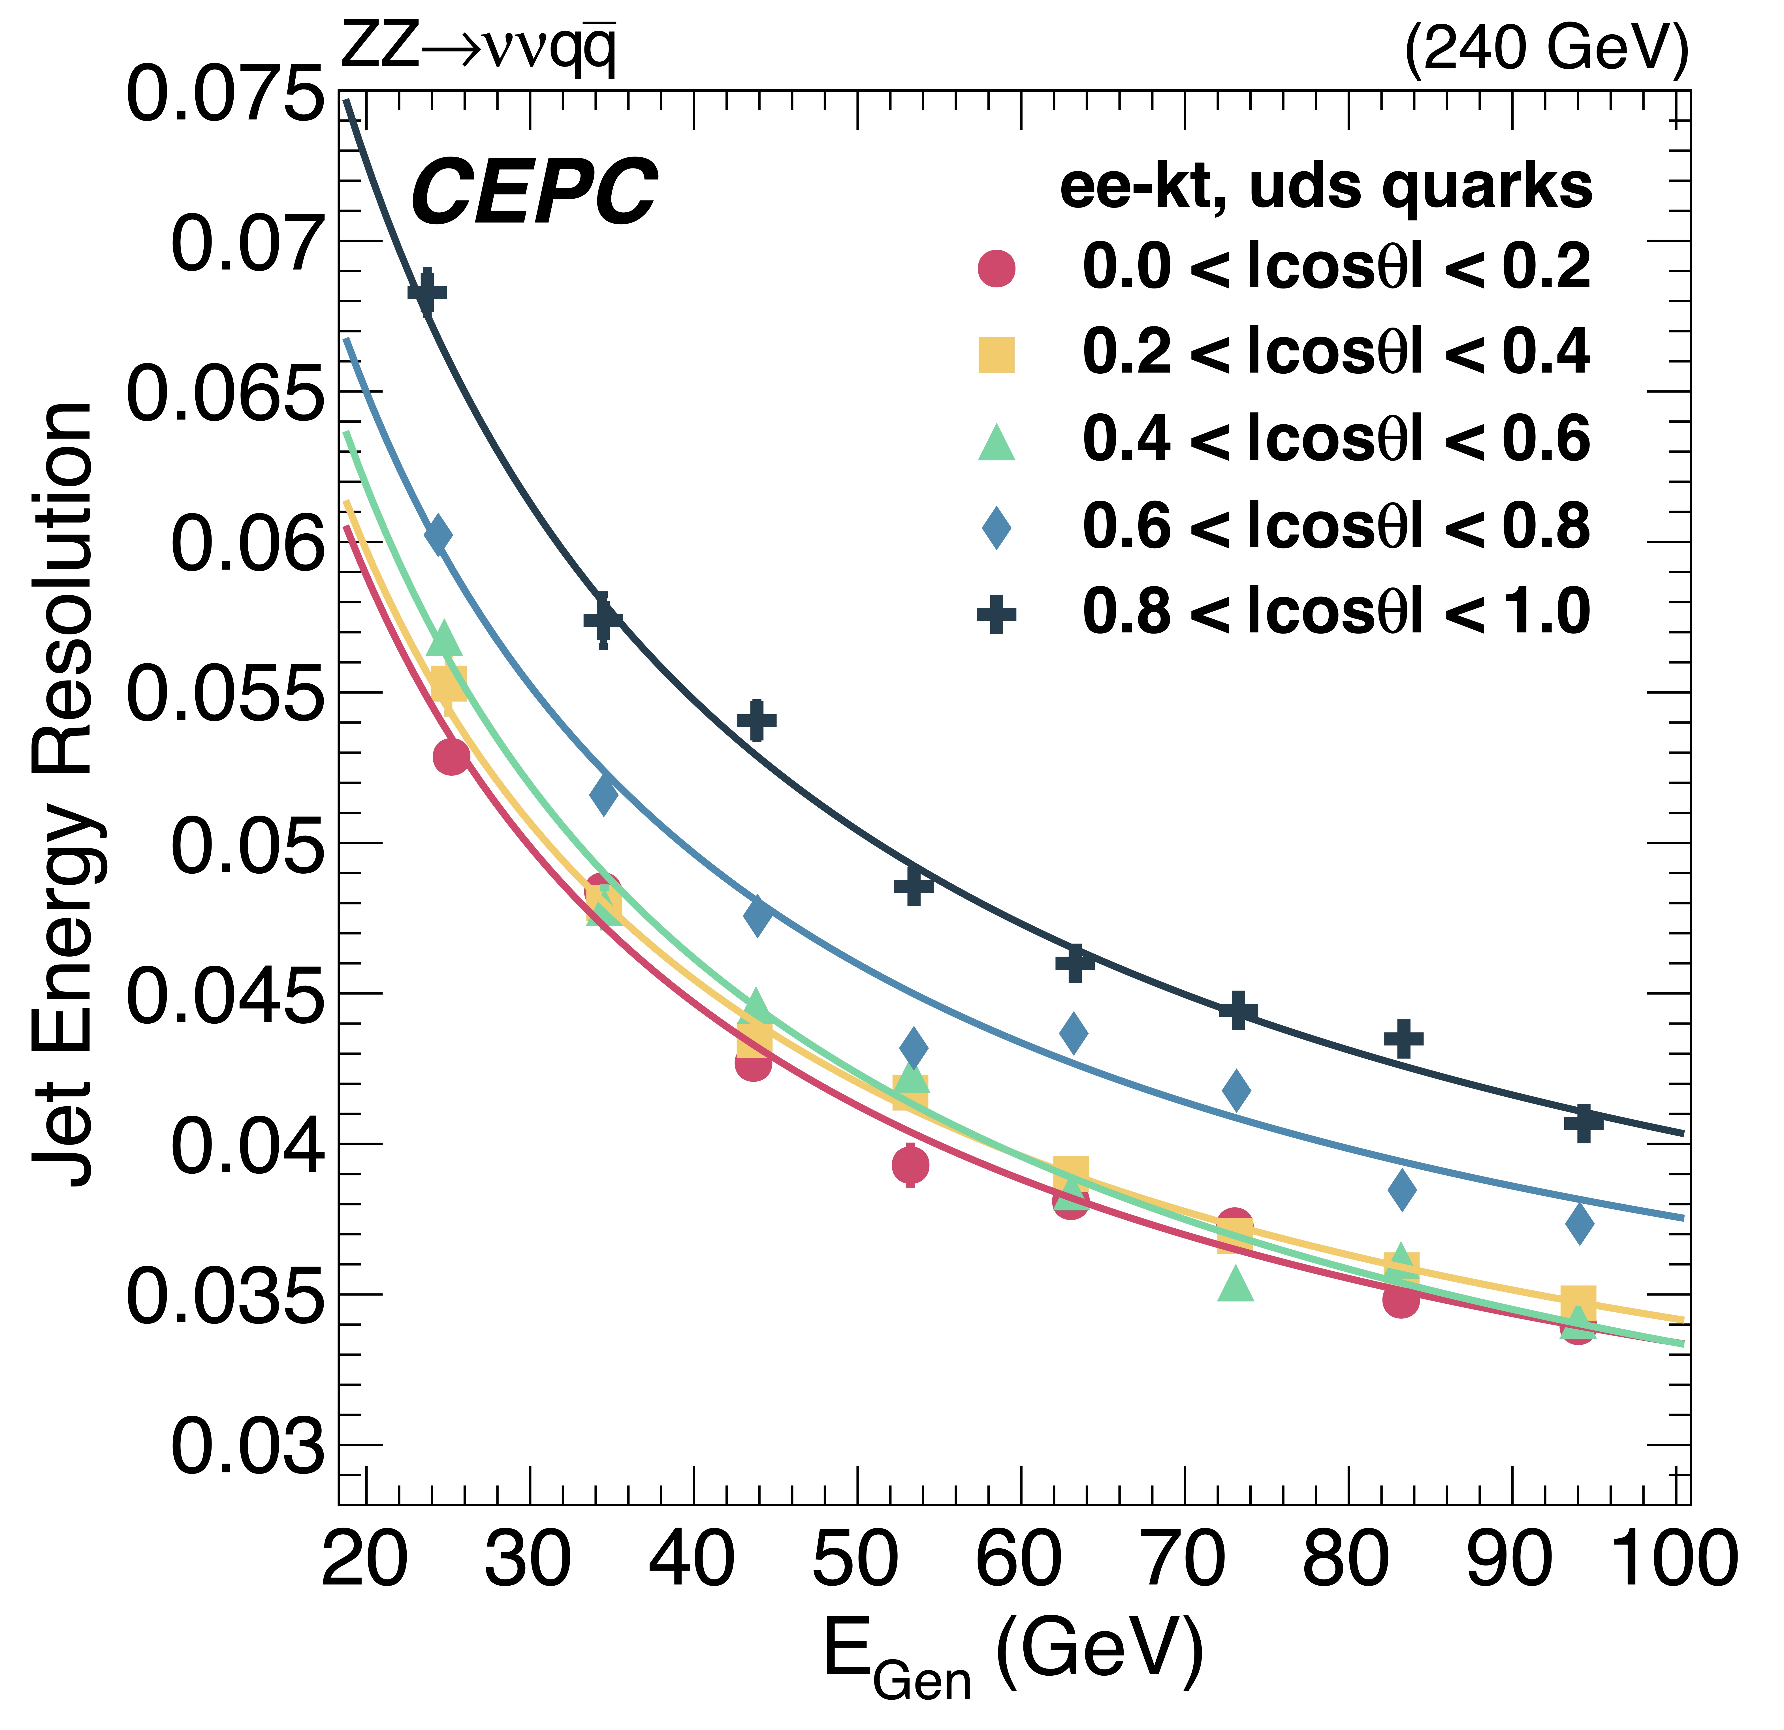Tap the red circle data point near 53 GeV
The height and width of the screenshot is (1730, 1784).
(x=910, y=1164)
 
